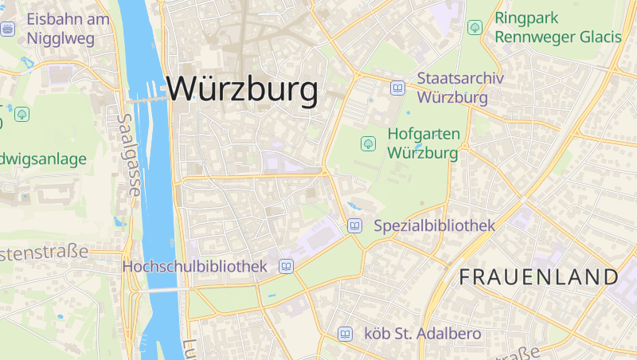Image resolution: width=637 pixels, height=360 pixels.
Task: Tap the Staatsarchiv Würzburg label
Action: [x=452, y=88]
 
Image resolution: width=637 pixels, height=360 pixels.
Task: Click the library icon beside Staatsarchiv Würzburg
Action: [x=397, y=88]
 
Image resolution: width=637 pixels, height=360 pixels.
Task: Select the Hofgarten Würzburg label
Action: [x=422, y=143]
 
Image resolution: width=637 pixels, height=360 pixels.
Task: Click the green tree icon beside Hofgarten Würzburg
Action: [x=368, y=143]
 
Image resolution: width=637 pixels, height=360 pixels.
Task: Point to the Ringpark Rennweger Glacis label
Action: [x=557, y=27]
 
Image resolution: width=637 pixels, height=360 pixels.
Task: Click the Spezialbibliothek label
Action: [x=435, y=226]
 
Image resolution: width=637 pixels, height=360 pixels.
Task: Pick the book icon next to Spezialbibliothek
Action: [x=355, y=227]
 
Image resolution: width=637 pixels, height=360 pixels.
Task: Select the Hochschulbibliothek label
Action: [x=194, y=266]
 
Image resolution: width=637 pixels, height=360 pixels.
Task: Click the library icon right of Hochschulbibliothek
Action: [x=285, y=267]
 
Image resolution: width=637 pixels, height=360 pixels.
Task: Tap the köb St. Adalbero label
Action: [x=422, y=333]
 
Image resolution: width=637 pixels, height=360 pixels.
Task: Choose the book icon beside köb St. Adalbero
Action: [x=345, y=334]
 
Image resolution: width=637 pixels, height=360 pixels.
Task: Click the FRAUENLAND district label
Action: [x=538, y=277]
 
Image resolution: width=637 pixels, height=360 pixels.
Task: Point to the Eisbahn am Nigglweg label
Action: [x=67, y=28]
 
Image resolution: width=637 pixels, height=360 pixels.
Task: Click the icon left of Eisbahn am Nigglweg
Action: [x=9, y=29]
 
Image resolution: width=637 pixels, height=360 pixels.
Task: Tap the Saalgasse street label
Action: [x=128, y=155]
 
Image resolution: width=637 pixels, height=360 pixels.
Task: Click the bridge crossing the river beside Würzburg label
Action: [x=148, y=100]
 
